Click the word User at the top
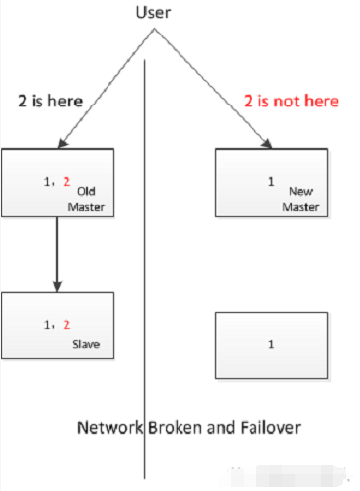point(152,13)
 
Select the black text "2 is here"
point(49,101)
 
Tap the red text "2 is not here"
point(291,101)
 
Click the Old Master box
point(57,182)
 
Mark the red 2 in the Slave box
point(67,324)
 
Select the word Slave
point(86,344)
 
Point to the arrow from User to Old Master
point(105,89)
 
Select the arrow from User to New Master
point(211,89)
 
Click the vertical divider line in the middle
point(146,296)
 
